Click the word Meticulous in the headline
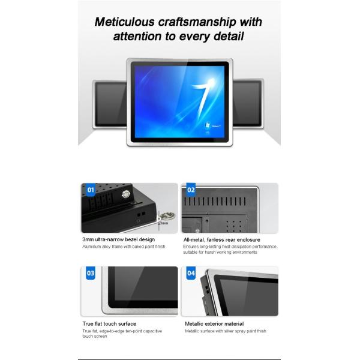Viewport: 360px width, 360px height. click(x=124, y=22)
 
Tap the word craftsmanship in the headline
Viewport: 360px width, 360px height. click(x=197, y=23)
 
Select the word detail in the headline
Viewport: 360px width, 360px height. click(x=229, y=37)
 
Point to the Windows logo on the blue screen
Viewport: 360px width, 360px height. click(x=208, y=125)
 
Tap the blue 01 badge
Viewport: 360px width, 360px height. click(x=91, y=190)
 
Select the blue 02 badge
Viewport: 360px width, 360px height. click(x=191, y=190)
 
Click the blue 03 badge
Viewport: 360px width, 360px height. click(x=91, y=273)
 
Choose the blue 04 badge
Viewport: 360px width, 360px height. click(x=191, y=273)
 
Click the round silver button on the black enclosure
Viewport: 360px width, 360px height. click(x=126, y=194)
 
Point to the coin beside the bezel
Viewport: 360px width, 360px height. click(x=167, y=216)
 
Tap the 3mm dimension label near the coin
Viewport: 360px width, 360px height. click(x=164, y=223)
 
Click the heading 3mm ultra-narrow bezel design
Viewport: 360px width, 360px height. click(x=118, y=239)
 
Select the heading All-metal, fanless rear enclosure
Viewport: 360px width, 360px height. click(x=222, y=240)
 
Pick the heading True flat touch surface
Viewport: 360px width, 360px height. click(x=109, y=324)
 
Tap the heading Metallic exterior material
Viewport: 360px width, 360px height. click(x=214, y=324)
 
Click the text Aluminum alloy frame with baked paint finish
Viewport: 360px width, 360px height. click(x=124, y=247)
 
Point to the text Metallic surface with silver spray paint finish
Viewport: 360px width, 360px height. click(x=226, y=331)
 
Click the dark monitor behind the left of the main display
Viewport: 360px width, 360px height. click(x=110, y=104)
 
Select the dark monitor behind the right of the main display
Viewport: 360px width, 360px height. click(x=248, y=103)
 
